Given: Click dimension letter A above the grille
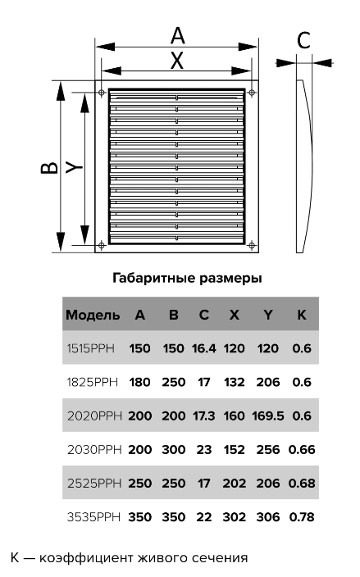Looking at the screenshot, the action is tap(177, 36).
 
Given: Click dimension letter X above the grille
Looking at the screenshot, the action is tap(177, 61).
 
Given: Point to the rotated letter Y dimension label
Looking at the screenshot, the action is tap(75, 167).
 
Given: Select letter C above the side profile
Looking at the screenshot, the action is tap(303, 40).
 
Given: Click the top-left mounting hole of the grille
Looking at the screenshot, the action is tap(102, 93).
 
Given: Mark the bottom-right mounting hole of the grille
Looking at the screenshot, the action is tap(252, 245).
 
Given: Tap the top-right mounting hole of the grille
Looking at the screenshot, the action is tap(252, 92).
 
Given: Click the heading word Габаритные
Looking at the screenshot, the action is tap(154, 278).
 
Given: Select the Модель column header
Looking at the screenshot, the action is tap(93, 315).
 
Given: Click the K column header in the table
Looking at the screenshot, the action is tap(302, 315).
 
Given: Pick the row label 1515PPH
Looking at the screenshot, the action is tap(90, 348).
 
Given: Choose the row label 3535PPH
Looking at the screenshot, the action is tap(93, 516).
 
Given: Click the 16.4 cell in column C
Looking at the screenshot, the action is tap(204, 348).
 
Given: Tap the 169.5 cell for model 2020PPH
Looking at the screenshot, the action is tap(268, 416).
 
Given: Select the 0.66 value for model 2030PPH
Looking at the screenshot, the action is tap(302, 449).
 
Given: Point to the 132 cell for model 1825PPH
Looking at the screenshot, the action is tap(234, 382).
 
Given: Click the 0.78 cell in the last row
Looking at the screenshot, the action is tap(302, 516).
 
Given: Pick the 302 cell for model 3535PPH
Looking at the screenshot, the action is tap(234, 516).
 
